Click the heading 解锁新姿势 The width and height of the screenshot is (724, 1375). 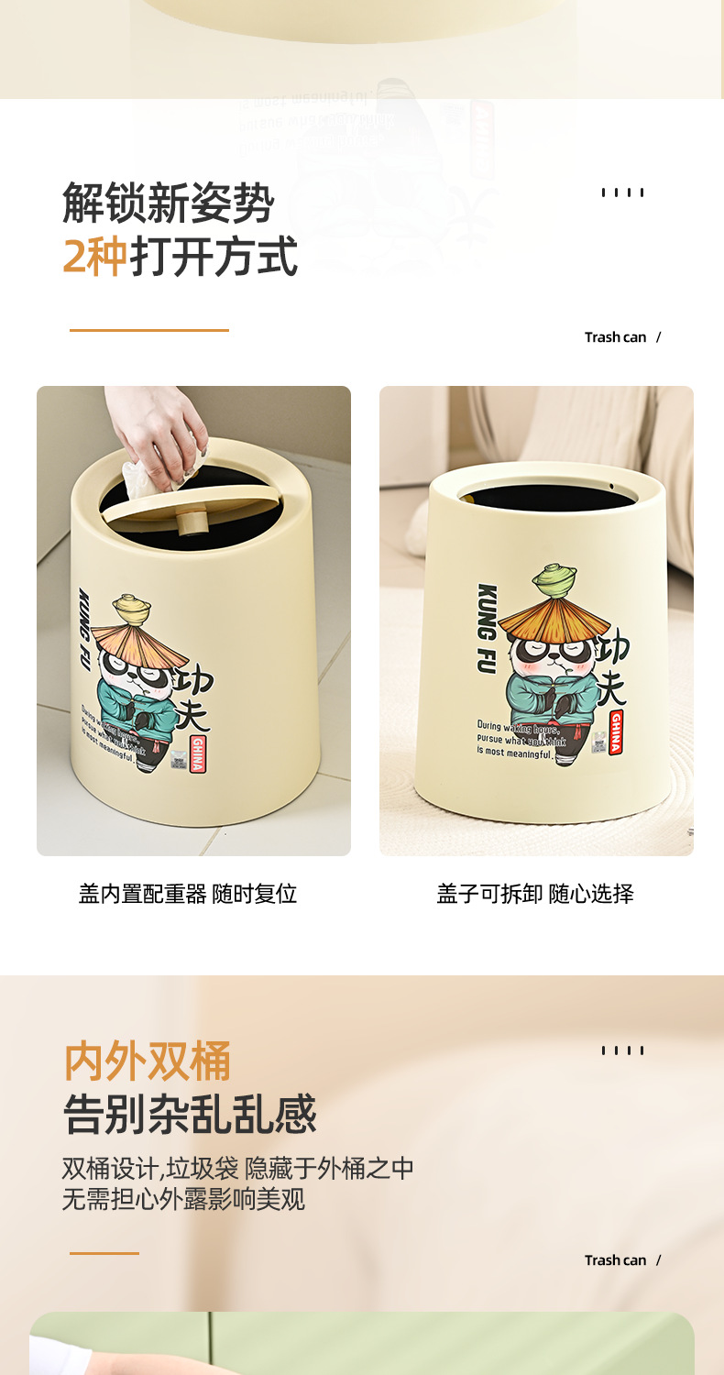168,202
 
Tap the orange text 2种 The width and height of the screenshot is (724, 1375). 94,257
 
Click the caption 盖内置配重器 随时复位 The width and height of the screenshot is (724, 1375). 188,894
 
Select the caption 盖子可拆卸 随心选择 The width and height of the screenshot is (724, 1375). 535,894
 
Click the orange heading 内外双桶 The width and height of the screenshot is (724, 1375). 147,1061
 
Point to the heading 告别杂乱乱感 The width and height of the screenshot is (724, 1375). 189,1115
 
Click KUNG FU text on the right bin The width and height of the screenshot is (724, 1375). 487,629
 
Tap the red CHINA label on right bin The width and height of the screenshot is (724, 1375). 615,732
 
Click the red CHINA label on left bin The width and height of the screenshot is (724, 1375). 197,753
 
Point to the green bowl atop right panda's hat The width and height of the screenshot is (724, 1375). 556,579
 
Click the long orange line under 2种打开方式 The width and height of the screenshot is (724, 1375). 149,330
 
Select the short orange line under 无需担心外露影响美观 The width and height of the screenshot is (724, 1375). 104,1253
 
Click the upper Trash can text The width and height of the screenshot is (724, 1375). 616,337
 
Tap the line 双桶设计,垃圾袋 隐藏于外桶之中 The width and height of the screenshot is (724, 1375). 237,1169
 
